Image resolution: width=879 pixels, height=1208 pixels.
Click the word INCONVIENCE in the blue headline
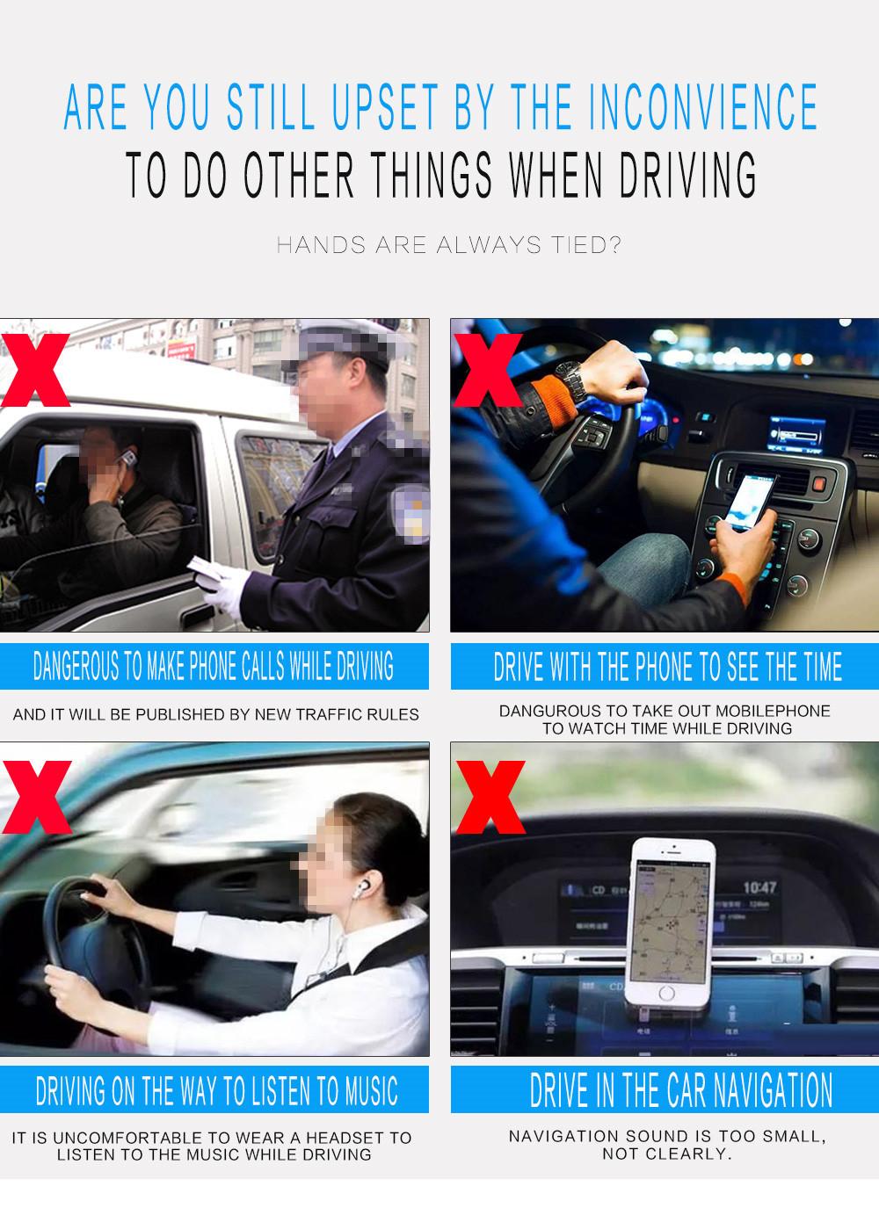[x=702, y=107]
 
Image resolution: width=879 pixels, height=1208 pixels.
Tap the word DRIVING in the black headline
[x=687, y=174]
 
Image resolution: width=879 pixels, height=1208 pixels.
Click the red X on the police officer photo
[x=34, y=370]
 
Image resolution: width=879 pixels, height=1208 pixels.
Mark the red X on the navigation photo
[x=490, y=797]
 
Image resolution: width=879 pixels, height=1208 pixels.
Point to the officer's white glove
[x=227, y=590]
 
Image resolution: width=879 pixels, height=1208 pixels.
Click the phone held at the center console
[x=750, y=502]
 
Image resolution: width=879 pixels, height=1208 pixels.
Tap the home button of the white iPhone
[x=666, y=993]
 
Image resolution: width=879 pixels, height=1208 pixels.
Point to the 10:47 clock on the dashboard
[x=759, y=888]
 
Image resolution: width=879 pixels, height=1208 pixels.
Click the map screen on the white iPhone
[x=672, y=921]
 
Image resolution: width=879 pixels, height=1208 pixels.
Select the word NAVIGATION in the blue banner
[x=774, y=1090]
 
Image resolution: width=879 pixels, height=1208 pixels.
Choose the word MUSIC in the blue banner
[x=371, y=1091]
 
